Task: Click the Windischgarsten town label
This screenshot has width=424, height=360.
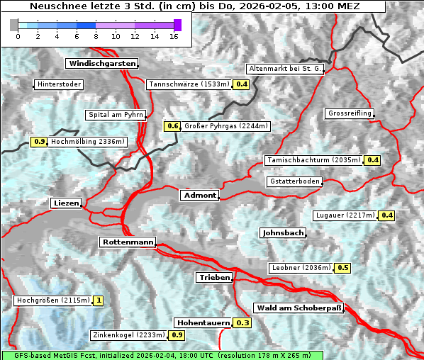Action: [x=101, y=64]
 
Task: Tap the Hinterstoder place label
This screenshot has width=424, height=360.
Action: [x=59, y=84]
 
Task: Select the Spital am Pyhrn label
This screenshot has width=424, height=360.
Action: [x=116, y=114]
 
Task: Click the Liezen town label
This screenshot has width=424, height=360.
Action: [x=66, y=203]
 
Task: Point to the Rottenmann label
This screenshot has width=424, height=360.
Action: [x=128, y=242]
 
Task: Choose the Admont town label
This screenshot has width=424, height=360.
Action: [x=199, y=195]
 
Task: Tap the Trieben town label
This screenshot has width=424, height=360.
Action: [x=213, y=278]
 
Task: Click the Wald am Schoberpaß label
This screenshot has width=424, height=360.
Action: [x=299, y=308]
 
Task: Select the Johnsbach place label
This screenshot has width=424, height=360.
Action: [x=283, y=232]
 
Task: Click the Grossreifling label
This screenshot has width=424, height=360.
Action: [x=350, y=113]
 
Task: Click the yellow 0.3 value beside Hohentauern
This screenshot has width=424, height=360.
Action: [x=242, y=323]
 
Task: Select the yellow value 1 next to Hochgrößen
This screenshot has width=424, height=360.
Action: [x=98, y=300]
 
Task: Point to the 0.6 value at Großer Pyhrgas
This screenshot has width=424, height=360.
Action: [x=172, y=126]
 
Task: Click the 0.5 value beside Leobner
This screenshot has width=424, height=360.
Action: [x=342, y=268]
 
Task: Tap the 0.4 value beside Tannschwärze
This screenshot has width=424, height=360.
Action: [x=242, y=84]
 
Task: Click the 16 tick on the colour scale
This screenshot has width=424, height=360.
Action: [x=174, y=36]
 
